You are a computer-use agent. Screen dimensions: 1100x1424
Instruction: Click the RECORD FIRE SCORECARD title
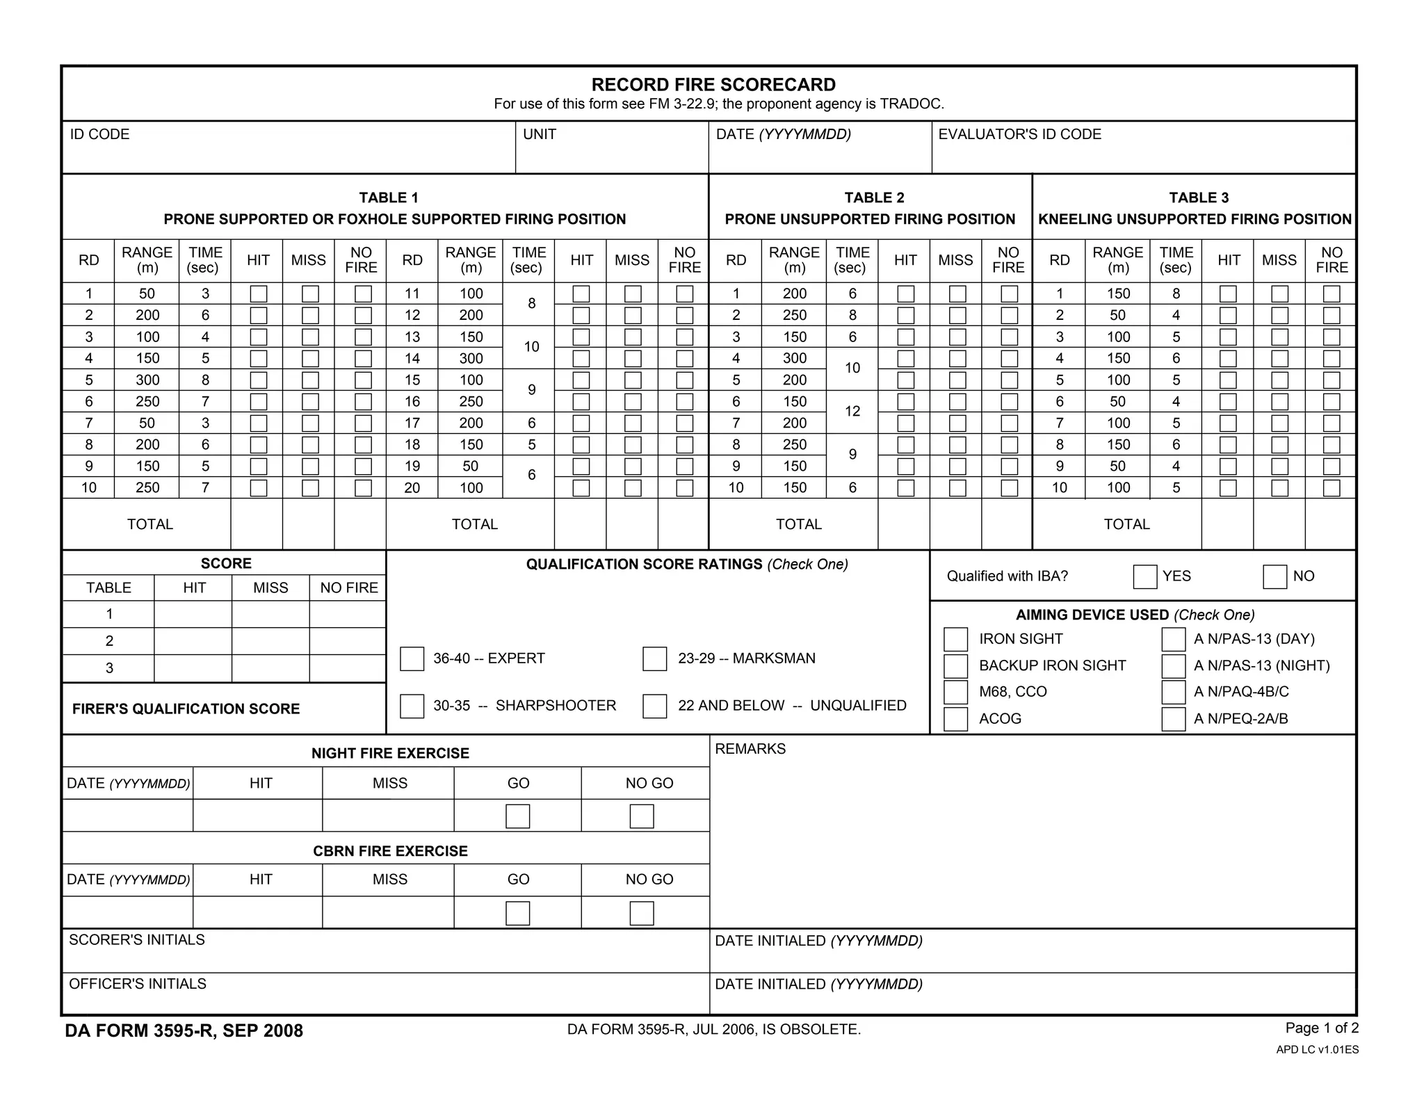coord(713,85)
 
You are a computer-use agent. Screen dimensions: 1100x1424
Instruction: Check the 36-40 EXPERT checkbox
coord(412,658)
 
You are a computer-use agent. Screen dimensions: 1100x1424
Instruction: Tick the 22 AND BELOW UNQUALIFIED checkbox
coord(654,706)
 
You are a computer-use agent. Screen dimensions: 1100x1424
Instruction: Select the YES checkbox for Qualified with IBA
coord(1144,576)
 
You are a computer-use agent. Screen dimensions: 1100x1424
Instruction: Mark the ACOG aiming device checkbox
coord(955,719)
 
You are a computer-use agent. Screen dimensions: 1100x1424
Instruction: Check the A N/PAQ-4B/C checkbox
coord(1173,693)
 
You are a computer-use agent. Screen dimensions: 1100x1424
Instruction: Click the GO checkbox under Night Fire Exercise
coord(517,816)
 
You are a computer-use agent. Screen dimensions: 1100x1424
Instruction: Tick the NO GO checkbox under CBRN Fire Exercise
coord(641,913)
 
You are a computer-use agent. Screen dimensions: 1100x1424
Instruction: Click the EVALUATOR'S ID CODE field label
coord(1019,134)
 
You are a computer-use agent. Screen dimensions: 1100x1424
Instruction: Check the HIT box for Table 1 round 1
coord(258,294)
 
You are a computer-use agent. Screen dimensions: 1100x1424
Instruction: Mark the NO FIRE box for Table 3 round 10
coord(1331,488)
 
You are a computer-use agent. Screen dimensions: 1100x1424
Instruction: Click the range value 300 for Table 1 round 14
coord(471,359)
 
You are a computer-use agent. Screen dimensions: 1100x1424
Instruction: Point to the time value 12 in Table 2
coord(852,412)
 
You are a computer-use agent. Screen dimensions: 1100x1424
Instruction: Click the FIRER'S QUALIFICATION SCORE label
coord(186,709)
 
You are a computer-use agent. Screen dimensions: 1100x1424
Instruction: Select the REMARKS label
coord(750,749)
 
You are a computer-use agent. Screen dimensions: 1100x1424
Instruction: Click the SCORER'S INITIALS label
coord(137,940)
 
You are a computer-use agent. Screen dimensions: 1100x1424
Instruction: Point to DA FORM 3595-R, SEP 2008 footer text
coord(184,1030)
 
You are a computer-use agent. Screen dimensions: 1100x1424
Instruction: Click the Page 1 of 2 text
coord(1321,1028)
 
